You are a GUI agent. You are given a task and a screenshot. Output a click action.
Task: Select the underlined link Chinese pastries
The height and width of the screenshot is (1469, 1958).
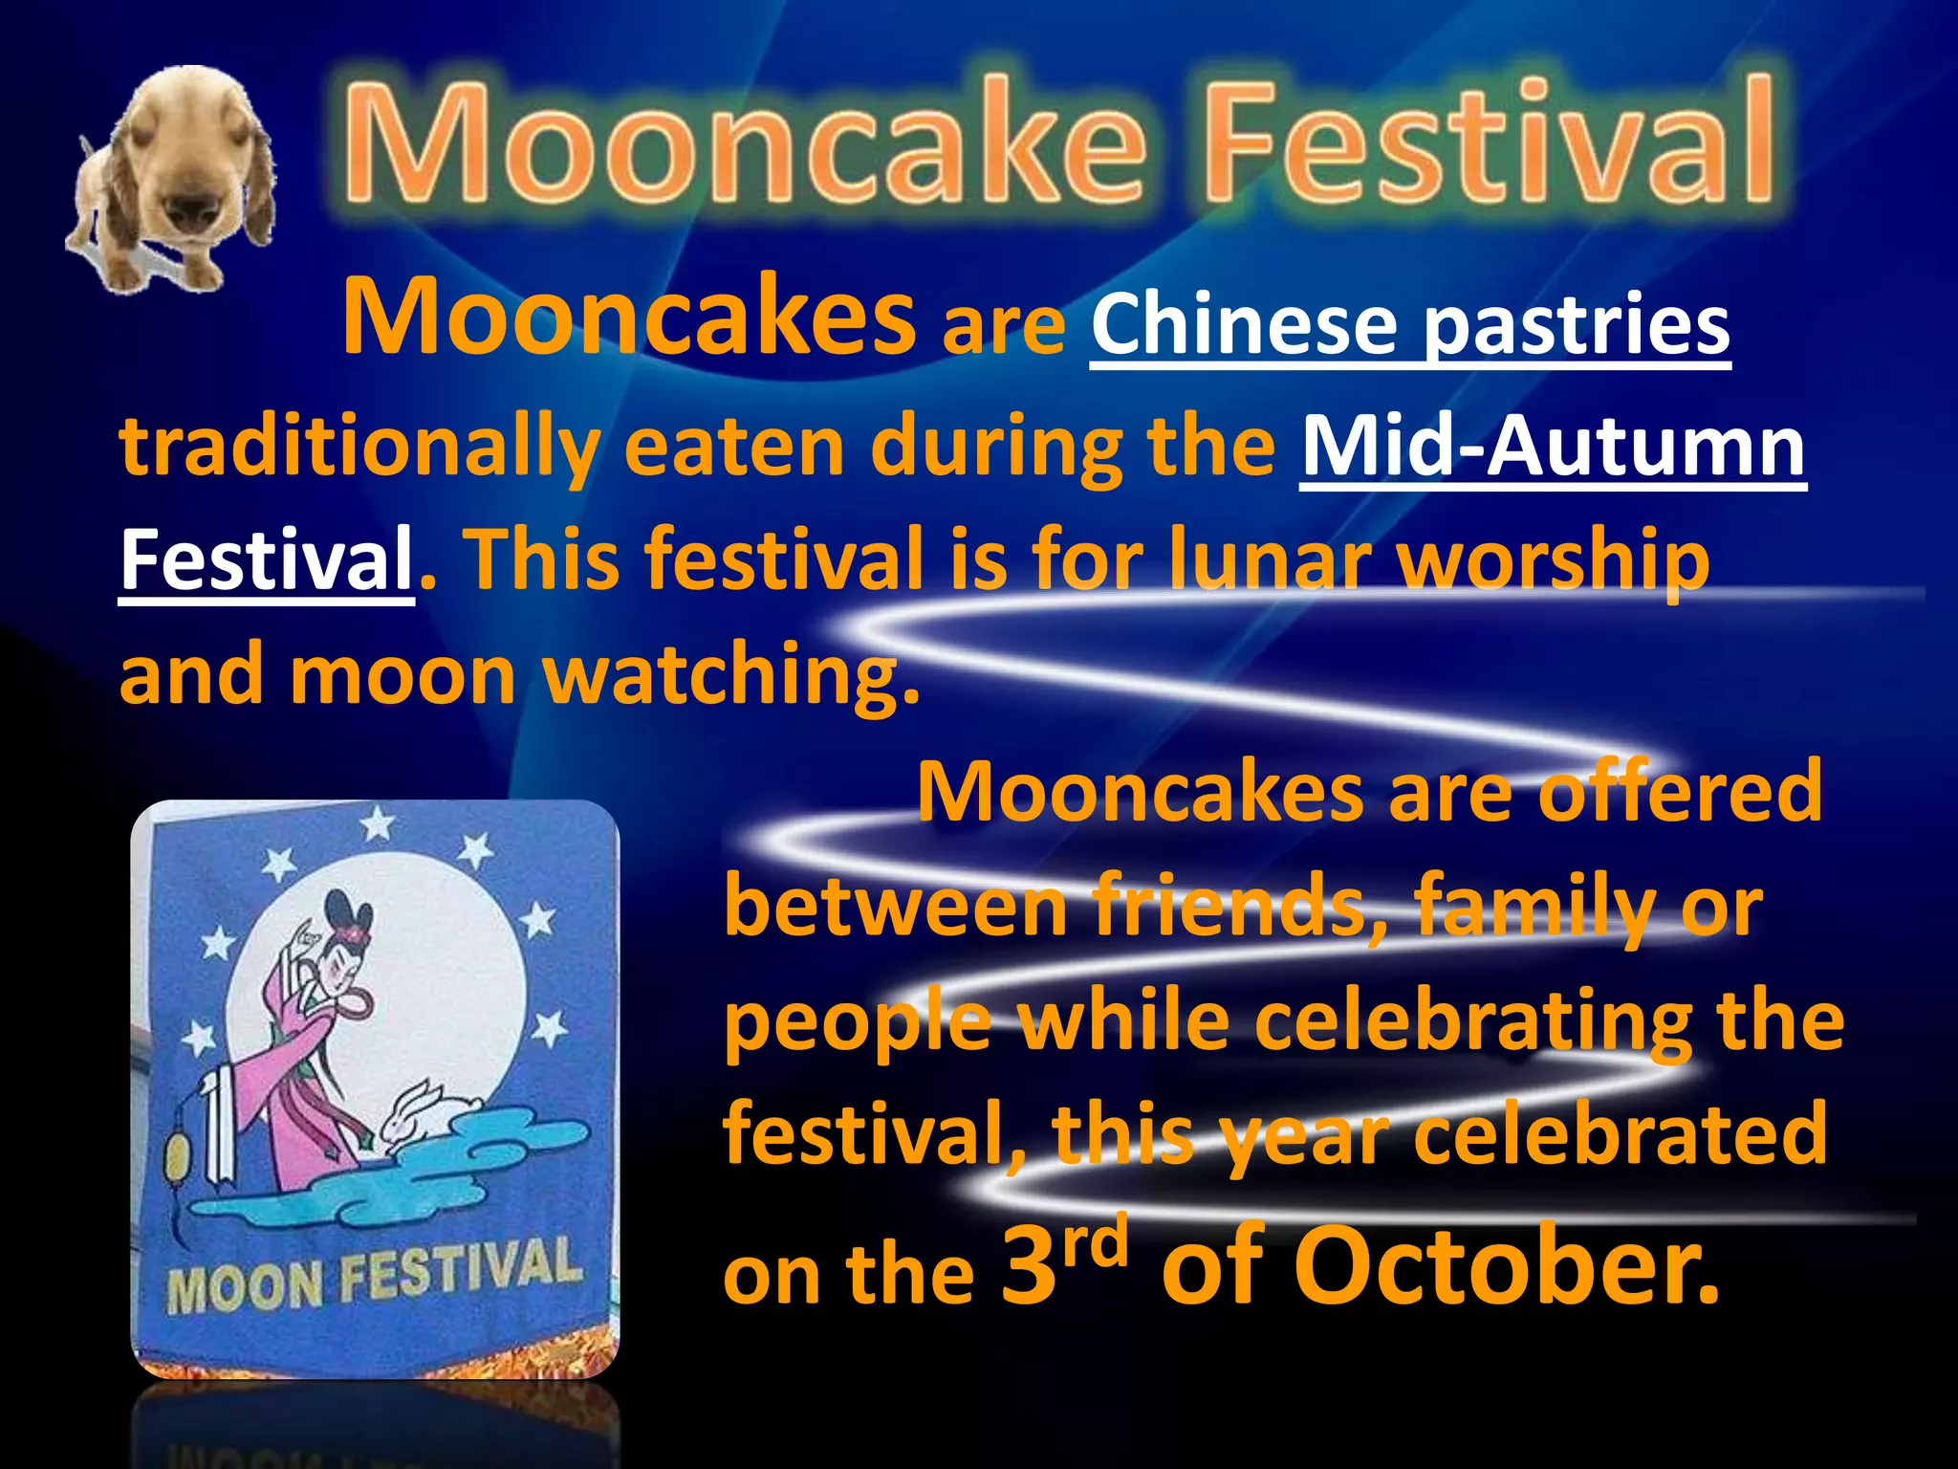tap(1410, 325)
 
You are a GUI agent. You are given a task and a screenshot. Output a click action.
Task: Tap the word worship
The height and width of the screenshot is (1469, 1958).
tap(1554, 562)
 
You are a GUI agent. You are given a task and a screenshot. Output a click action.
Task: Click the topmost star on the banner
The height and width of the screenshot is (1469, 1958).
tap(378, 822)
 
